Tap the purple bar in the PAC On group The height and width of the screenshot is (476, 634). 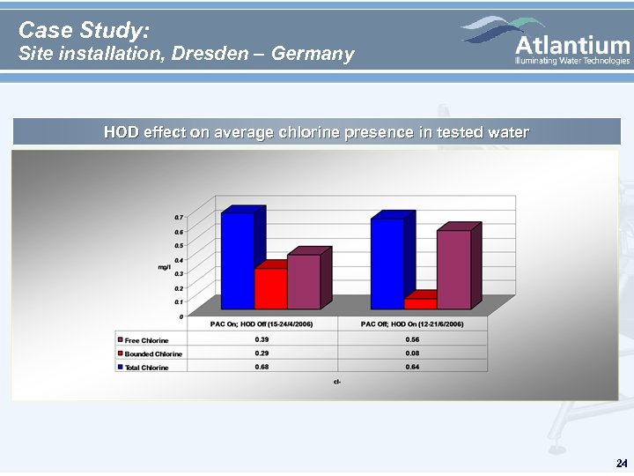point(303,281)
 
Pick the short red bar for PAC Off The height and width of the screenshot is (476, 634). point(420,303)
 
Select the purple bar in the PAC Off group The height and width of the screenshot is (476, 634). point(453,269)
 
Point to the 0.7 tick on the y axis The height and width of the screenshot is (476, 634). point(178,217)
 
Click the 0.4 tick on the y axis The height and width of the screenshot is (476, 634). point(178,260)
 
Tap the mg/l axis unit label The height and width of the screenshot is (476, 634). point(165,266)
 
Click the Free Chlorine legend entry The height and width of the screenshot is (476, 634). point(146,339)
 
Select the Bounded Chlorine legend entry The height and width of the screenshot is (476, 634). point(152,353)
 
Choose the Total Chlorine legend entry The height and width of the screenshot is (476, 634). point(146,367)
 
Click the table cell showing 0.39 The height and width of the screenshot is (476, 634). point(262,339)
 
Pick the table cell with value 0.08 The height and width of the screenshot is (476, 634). point(412,353)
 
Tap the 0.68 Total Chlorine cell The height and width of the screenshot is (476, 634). point(262,367)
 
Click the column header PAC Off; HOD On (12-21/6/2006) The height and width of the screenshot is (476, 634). point(412,324)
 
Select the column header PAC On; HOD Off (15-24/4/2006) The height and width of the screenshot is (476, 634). point(262,324)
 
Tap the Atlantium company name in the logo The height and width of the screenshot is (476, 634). point(571,43)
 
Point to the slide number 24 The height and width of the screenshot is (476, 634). point(622,463)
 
